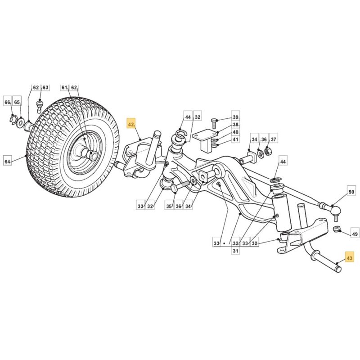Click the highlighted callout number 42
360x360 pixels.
click(131, 125)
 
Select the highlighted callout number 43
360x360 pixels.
click(349, 258)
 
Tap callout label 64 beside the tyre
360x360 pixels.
click(8, 162)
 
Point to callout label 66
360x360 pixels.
click(8, 102)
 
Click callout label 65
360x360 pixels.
click(17, 102)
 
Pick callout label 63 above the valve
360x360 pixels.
click(45, 87)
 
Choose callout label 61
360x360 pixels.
click(64, 87)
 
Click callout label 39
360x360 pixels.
click(235, 117)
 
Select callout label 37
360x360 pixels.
click(273, 139)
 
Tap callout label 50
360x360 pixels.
click(351, 192)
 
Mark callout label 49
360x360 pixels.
click(355, 234)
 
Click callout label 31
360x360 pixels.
click(235, 251)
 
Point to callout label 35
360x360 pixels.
click(169, 206)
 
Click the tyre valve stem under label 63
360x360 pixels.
click(40, 105)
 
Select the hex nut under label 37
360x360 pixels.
click(267, 152)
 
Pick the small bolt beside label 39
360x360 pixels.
click(214, 123)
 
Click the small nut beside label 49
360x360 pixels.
click(336, 229)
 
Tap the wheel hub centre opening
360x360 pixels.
click(93, 156)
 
